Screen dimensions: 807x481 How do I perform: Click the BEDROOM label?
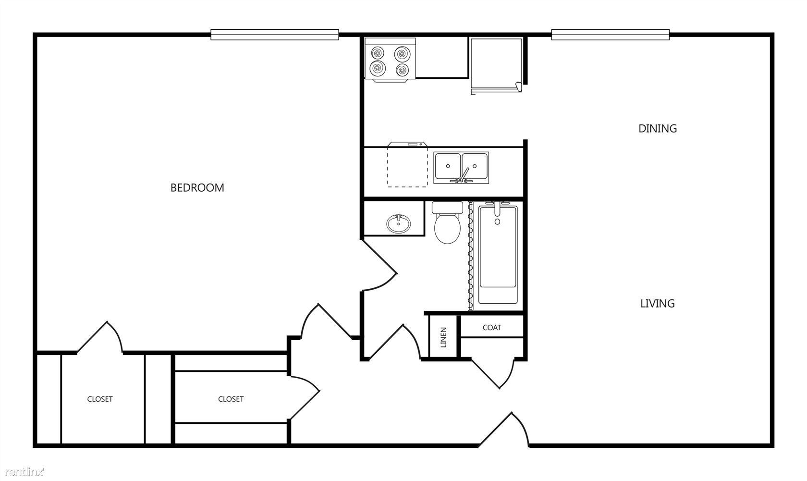[197, 188]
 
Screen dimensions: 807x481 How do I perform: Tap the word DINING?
[658, 129]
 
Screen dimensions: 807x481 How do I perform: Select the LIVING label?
[658, 304]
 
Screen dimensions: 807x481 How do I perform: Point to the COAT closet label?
[492, 328]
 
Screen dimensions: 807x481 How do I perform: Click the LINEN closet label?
[443, 337]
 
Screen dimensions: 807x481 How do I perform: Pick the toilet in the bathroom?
[448, 222]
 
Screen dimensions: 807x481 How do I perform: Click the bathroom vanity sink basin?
[399, 224]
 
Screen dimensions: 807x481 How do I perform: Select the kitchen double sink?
[461, 168]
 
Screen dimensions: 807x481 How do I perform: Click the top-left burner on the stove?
[378, 54]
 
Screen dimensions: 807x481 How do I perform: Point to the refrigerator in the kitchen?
[497, 65]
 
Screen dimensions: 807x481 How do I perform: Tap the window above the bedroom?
[275, 35]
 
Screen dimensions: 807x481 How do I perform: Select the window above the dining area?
[610, 35]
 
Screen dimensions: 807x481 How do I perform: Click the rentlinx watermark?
[24, 472]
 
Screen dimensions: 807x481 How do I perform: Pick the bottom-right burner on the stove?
[402, 69]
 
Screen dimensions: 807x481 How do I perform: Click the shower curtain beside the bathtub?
[470, 256]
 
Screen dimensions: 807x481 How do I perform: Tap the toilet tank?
[448, 207]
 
